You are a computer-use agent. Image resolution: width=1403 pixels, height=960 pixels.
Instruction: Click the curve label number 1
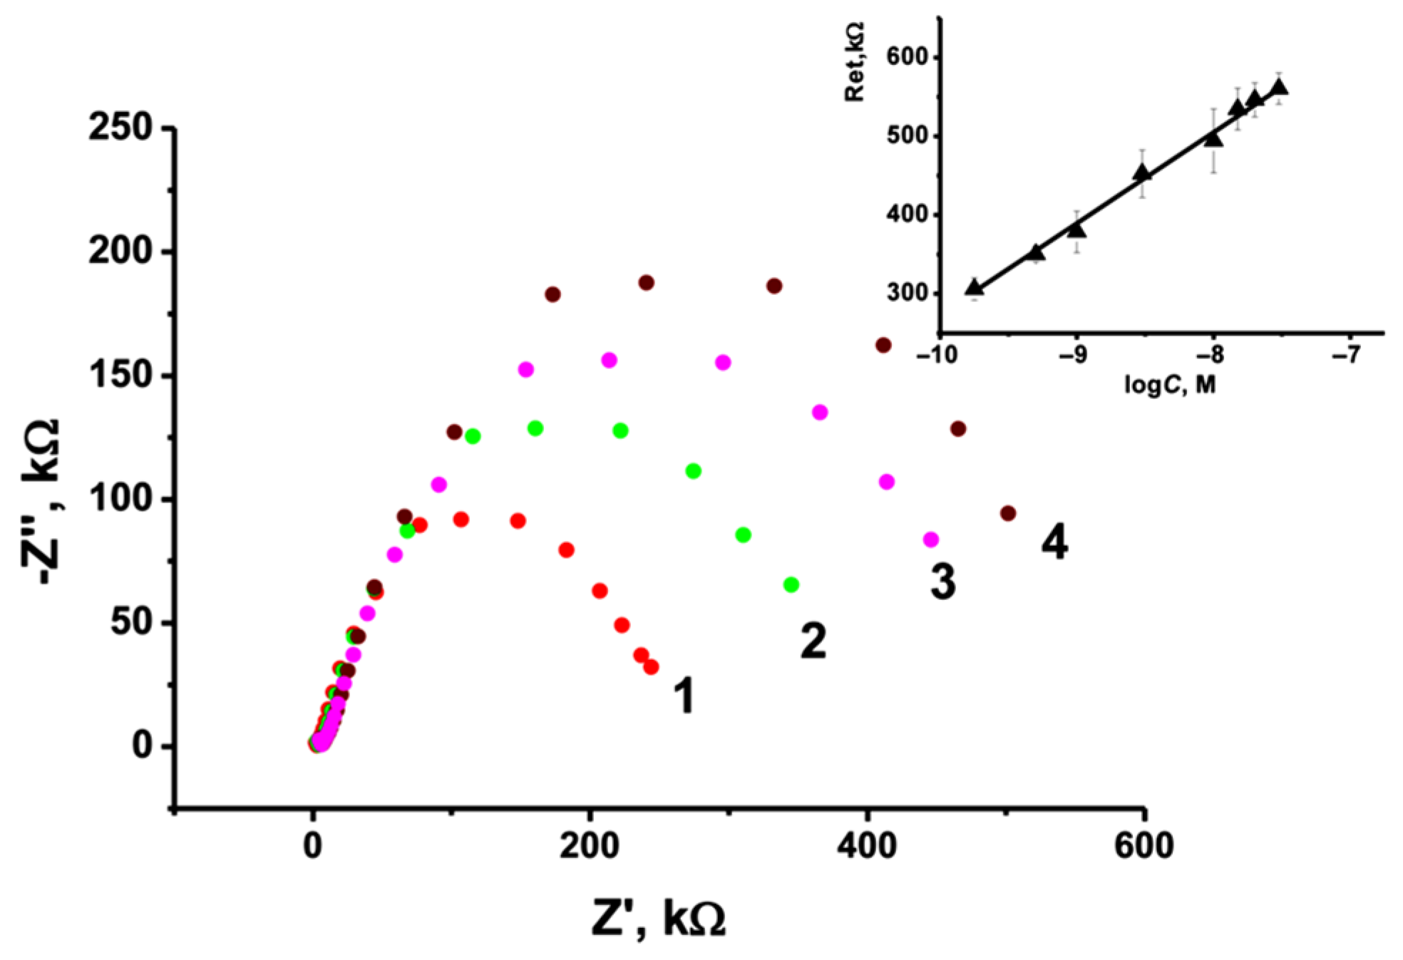684,696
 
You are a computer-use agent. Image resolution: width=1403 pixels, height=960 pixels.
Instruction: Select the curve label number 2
813,641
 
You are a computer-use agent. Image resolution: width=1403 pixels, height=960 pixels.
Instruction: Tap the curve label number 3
942,582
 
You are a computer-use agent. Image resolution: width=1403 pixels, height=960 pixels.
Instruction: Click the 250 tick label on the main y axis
120,128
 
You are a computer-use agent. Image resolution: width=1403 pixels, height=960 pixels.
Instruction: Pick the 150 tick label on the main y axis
120,376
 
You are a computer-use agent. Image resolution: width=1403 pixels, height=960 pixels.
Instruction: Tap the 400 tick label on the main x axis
867,846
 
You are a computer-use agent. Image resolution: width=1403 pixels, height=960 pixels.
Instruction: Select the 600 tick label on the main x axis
1143,846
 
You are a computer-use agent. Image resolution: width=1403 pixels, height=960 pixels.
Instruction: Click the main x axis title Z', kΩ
658,919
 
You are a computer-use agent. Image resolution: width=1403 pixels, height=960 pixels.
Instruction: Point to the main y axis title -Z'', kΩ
41,502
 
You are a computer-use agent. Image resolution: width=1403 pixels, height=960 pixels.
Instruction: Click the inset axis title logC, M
1169,386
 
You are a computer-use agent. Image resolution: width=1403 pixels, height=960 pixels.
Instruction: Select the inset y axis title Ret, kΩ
854,62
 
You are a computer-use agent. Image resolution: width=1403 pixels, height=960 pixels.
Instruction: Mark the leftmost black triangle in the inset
974,287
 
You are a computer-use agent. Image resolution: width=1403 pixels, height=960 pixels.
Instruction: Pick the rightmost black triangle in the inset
1279,87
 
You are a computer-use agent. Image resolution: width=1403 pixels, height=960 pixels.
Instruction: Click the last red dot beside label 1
651,667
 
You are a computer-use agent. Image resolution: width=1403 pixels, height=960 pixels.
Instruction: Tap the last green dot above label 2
791,584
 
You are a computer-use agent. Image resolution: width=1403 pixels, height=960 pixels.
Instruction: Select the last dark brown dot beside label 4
1007,513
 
